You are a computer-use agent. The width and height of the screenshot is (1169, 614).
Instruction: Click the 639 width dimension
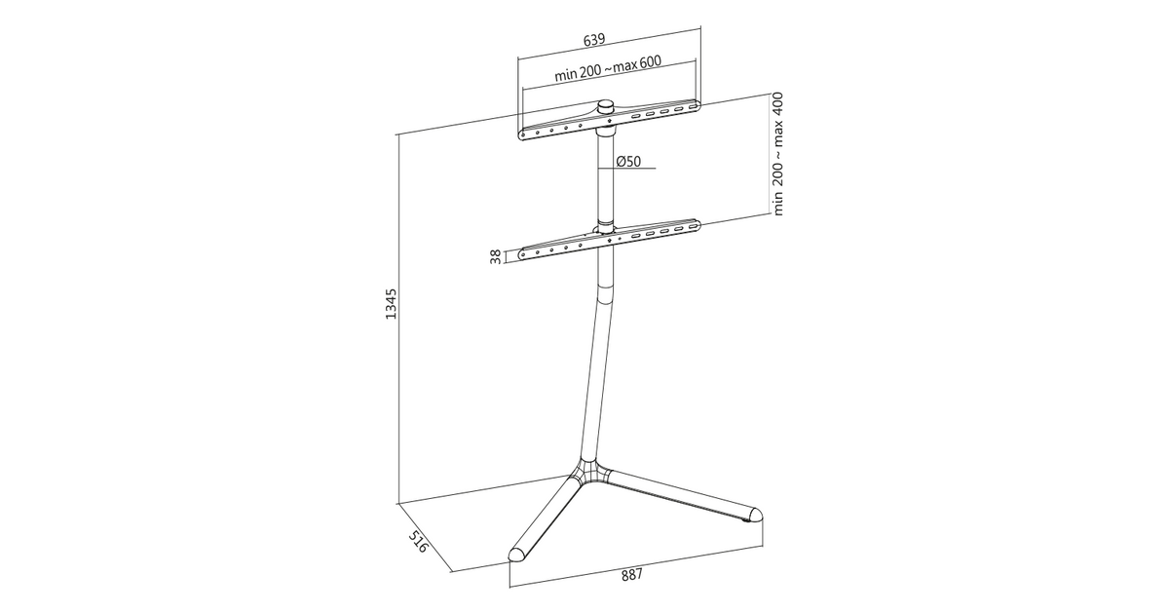click(x=594, y=40)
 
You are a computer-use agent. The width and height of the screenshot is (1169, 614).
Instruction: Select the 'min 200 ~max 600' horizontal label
click(x=608, y=68)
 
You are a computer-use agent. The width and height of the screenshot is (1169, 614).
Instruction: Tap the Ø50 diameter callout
click(x=628, y=162)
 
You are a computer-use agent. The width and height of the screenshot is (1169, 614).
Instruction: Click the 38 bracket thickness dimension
click(x=496, y=256)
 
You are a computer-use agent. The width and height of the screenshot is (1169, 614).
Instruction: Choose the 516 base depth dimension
click(x=418, y=542)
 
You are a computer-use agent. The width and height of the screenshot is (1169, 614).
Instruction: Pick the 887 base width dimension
click(x=632, y=575)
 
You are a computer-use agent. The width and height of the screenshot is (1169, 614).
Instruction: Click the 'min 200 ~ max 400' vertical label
click(x=777, y=154)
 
